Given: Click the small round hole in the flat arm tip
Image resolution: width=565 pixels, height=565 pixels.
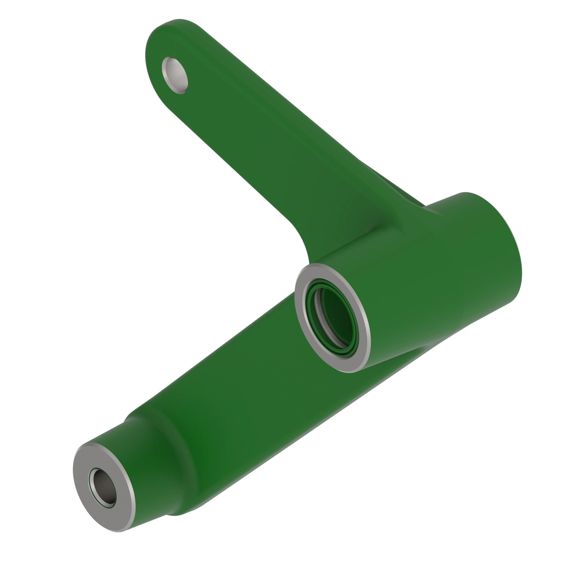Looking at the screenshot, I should (x=175, y=75).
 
